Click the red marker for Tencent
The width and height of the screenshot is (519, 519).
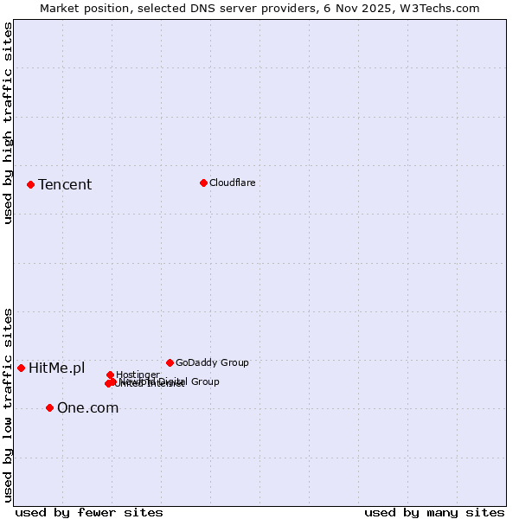coord(30,184)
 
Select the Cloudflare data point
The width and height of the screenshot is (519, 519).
coord(203,183)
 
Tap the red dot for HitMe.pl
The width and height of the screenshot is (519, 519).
coord(21,368)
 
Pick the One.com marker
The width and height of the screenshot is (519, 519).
coord(49,407)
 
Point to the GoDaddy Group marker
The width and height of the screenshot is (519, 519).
coord(170,362)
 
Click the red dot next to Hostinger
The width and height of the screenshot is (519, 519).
coord(110,375)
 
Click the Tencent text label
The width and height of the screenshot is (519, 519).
coord(65,184)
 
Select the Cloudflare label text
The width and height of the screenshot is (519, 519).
coord(232,183)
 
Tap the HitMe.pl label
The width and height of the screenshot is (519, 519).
coord(57,368)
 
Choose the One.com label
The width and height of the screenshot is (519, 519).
coord(87,408)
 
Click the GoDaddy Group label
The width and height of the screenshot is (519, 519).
coord(212,363)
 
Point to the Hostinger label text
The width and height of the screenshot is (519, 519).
coord(138,375)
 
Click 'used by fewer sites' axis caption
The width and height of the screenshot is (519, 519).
coord(89,512)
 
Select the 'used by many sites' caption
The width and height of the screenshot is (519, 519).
coord(434,512)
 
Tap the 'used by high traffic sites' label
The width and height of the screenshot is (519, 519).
coord(9,123)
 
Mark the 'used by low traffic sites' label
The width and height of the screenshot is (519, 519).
coord(9,404)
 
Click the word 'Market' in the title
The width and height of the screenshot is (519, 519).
coord(60,8)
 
